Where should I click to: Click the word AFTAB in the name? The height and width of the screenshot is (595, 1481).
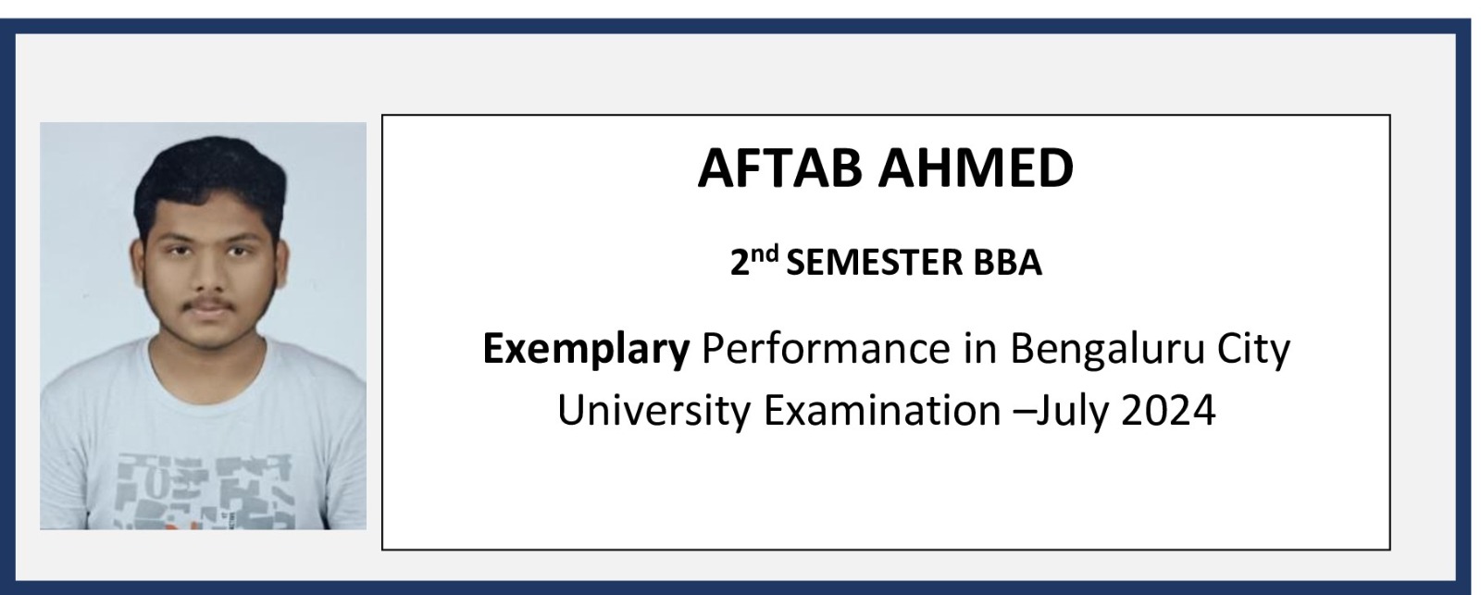[780, 167]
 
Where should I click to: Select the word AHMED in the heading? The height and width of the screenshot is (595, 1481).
[976, 167]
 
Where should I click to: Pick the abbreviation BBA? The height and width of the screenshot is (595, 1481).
[1007, 263]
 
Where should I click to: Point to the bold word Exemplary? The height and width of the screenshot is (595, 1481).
[586, 349]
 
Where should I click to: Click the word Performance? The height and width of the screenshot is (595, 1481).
[826, 348]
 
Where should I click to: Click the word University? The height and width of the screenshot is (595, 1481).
[653, 411]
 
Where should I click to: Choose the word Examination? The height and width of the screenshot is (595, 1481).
[883, 410]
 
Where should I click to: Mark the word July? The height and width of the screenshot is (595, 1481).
[1071, 411]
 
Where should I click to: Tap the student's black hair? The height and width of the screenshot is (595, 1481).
[210, 180]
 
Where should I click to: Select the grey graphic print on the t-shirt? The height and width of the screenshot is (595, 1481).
[204, 490]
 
